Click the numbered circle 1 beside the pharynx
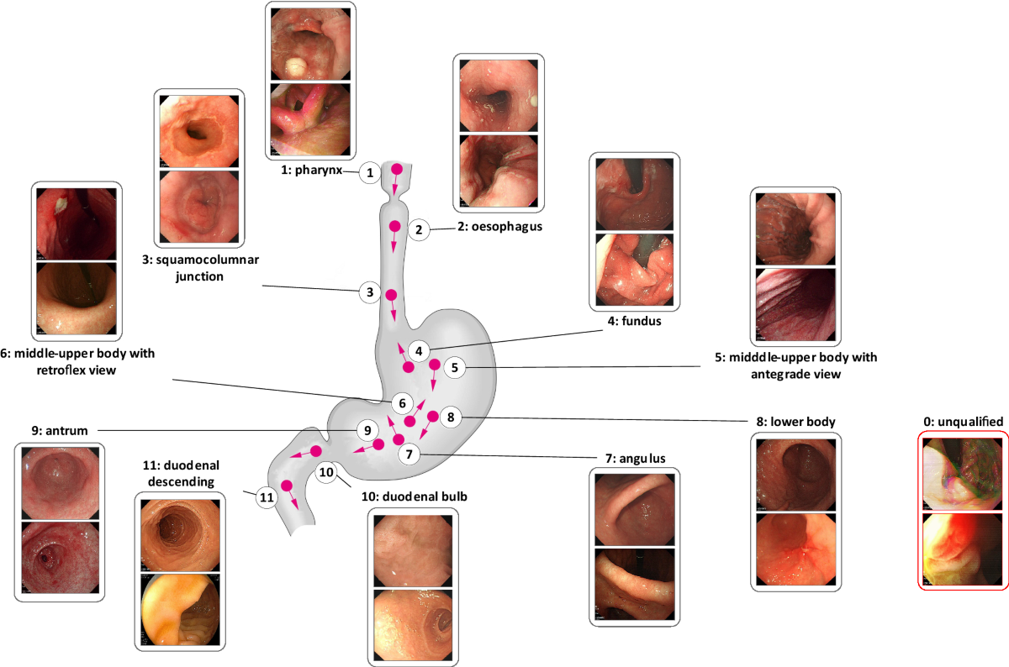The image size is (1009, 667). tap(369, 174)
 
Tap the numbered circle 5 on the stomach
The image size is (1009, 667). tap(453, 367)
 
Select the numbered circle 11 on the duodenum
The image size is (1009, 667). tap(267, 497)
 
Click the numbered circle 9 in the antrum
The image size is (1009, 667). tap(364, 430)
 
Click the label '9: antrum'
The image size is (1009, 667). tap(59, 430)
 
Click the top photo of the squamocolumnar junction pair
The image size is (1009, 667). tap(200, 128)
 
